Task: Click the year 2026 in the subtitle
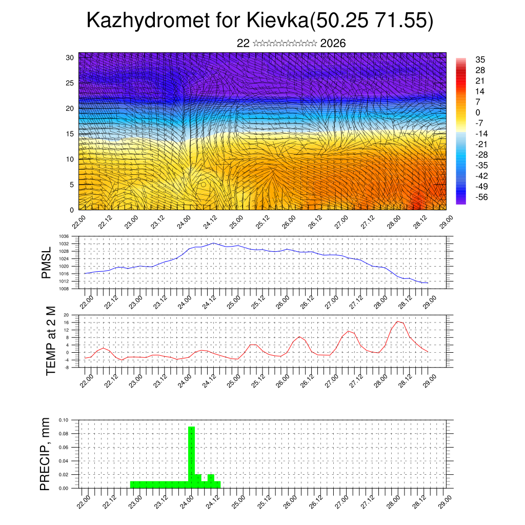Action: tap(333, 44)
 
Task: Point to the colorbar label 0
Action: tap(477, 112)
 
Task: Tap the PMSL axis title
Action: tap(47, 263)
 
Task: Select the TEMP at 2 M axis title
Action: tap(51, 341)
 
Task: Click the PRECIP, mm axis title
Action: tap(46, 454)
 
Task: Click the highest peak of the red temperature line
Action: tap(397, 321)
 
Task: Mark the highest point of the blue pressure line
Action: tap(213, 243)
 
